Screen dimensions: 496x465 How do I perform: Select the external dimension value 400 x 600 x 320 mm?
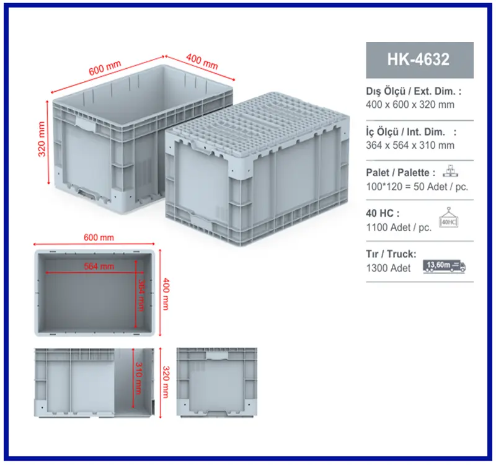tap(410, 105)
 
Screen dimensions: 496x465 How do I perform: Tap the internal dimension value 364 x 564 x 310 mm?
tap(410, 145)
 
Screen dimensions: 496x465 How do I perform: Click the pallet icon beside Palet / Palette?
tap(450, 171)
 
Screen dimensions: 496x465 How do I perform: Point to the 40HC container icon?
tap(448, 218)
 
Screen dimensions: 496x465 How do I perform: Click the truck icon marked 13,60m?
tap(444, 267)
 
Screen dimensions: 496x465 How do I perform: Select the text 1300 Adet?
tap(388, 268)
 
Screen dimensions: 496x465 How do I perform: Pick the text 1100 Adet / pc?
tap(399, 228)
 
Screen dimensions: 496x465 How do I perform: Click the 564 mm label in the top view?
tap(99, 267)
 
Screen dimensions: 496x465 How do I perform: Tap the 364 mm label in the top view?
tap(141, 296)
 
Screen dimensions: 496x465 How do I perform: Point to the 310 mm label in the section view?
tap(138, 378)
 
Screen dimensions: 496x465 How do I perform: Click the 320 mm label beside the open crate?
tap(42, 139)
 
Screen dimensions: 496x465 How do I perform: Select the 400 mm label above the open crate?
tap(202, 61)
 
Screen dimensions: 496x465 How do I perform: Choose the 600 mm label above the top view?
tap(99, 237)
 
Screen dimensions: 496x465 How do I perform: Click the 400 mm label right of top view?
tap(166, 294)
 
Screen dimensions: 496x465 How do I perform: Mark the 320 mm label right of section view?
tap(166, 382)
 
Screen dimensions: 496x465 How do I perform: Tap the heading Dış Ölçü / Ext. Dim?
tap(414, 91)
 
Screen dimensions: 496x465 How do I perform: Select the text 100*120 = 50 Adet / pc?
tap(417, 187)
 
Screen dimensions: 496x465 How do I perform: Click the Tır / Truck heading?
tap(391, 254)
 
